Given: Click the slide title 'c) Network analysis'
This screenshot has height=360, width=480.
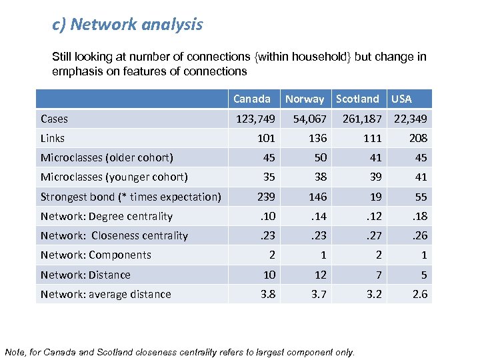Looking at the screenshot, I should [127, 25].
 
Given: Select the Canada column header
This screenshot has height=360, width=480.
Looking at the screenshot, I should [252, 99].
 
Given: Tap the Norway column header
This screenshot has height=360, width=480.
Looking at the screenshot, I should [305, 99].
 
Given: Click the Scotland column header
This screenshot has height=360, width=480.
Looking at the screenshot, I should [357, 99].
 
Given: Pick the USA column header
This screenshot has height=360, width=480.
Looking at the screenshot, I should [401, 99].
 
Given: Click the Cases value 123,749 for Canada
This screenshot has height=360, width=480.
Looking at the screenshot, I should [253, 119].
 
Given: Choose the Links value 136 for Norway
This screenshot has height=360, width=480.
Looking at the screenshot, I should [317, 138].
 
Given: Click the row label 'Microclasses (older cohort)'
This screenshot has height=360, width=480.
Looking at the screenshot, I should [107, 157].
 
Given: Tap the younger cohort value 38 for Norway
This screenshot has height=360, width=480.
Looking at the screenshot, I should [320, 177].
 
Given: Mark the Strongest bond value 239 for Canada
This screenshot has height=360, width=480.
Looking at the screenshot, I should [266, 197].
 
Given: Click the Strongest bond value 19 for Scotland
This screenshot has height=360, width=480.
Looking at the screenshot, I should [375, 197].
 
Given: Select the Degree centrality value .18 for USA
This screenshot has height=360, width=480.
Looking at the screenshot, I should [419, 216].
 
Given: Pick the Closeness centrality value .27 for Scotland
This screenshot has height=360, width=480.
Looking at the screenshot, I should [373, 235].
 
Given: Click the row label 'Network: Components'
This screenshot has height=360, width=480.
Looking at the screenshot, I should [96, 255].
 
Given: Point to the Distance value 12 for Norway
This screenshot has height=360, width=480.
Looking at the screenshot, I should [320, 275].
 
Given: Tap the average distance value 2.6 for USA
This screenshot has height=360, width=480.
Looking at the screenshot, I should [420, 294].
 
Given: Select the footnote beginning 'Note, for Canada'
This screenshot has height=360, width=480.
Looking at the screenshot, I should [179, 352].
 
